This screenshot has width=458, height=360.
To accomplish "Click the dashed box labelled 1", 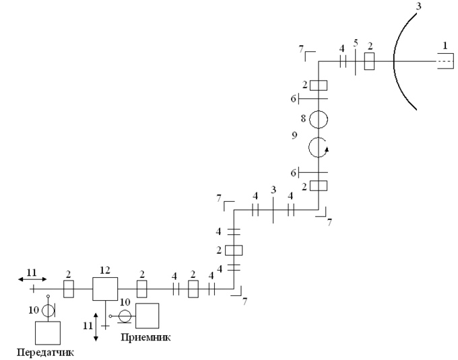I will click(x=445, y=62).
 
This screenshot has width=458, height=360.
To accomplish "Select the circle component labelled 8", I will click(x=318, y=119).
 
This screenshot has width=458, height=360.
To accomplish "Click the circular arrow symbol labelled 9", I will click(x=318, y=147).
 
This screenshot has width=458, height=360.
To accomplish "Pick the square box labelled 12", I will click(x=105, y=289).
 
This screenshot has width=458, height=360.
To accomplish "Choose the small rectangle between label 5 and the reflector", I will click(x=369, y=62).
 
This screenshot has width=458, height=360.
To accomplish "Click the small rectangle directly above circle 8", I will click(x=318, y=85).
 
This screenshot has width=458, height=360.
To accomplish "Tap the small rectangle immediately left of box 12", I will click(x=68, y=289).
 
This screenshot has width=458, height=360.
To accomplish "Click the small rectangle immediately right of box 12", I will click(x=141, y=289).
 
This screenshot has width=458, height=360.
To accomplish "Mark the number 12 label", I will click(x=104, y=270).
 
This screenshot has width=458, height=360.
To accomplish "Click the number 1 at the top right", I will click(x=444, y=44).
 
